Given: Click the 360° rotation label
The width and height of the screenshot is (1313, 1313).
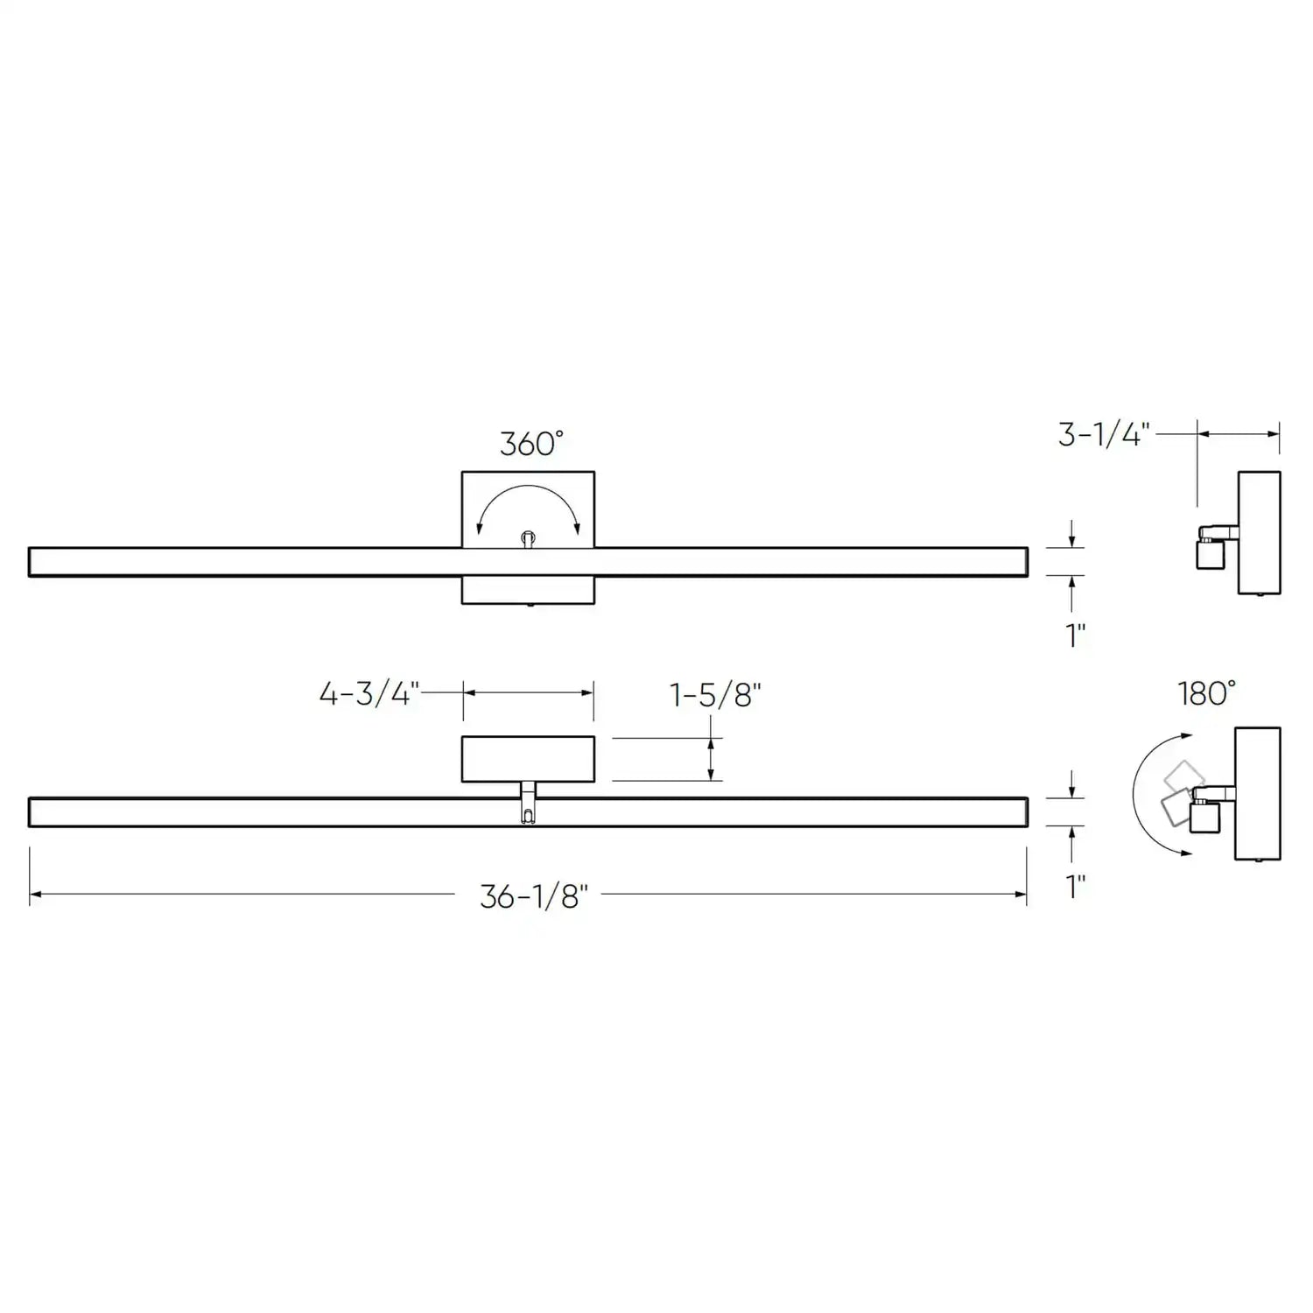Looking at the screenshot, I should pos(531,444).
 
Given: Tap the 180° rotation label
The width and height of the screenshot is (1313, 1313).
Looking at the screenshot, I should pos(1206,694).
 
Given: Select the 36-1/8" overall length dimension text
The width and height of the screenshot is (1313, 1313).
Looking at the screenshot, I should pos(533,896).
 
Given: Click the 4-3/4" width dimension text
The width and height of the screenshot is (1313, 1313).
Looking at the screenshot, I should pos(369,695).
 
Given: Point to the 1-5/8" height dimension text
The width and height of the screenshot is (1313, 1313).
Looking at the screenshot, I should pos(715,696).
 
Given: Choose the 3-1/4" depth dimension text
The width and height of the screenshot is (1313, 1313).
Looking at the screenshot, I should pos(1103,435).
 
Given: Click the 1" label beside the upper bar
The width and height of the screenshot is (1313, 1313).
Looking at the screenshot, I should pos(1076,635).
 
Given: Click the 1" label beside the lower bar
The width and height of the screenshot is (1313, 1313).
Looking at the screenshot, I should pos(1076,887).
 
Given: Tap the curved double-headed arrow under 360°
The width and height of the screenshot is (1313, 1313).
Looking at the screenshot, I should pos(528,498).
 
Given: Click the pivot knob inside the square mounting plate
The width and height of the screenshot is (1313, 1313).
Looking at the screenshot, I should pos(528,538).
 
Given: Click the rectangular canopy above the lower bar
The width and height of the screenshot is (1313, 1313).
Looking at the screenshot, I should pos(528,759).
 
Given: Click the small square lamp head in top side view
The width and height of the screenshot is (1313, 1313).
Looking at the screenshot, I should pos(1209,555).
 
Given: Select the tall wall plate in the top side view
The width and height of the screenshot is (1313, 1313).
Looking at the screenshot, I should pos(1260,532).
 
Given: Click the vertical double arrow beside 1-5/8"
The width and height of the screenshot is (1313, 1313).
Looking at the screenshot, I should pos(711,759).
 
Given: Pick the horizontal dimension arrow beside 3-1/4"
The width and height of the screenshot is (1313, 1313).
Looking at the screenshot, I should pos(1239,433).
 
